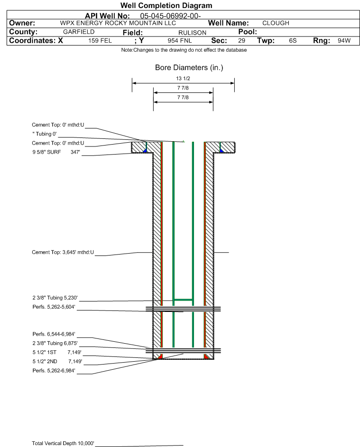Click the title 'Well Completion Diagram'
click(166, 5)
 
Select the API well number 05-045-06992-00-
click(170, 16)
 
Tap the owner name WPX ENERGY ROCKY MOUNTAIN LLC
click(118, 23)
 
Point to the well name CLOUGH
click(276, 23)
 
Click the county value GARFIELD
click(79, 32)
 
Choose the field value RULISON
click(192, 33)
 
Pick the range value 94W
click(344, 40)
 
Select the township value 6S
click(293, 40)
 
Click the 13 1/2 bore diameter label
click(183, 78)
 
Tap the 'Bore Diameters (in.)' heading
click(189, 68)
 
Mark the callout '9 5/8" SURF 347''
click(56, 152)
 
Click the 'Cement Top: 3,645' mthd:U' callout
click(63, 252)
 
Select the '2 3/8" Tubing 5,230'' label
click(55, 298)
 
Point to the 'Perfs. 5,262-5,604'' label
click(54, 307)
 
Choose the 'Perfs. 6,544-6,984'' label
click(54, 334)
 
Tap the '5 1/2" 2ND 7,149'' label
click(57, 362)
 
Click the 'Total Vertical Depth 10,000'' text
click(63, 443)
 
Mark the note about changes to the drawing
click(184, 50)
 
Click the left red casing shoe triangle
click(160, 356)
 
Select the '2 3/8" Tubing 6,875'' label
click(55, 343)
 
